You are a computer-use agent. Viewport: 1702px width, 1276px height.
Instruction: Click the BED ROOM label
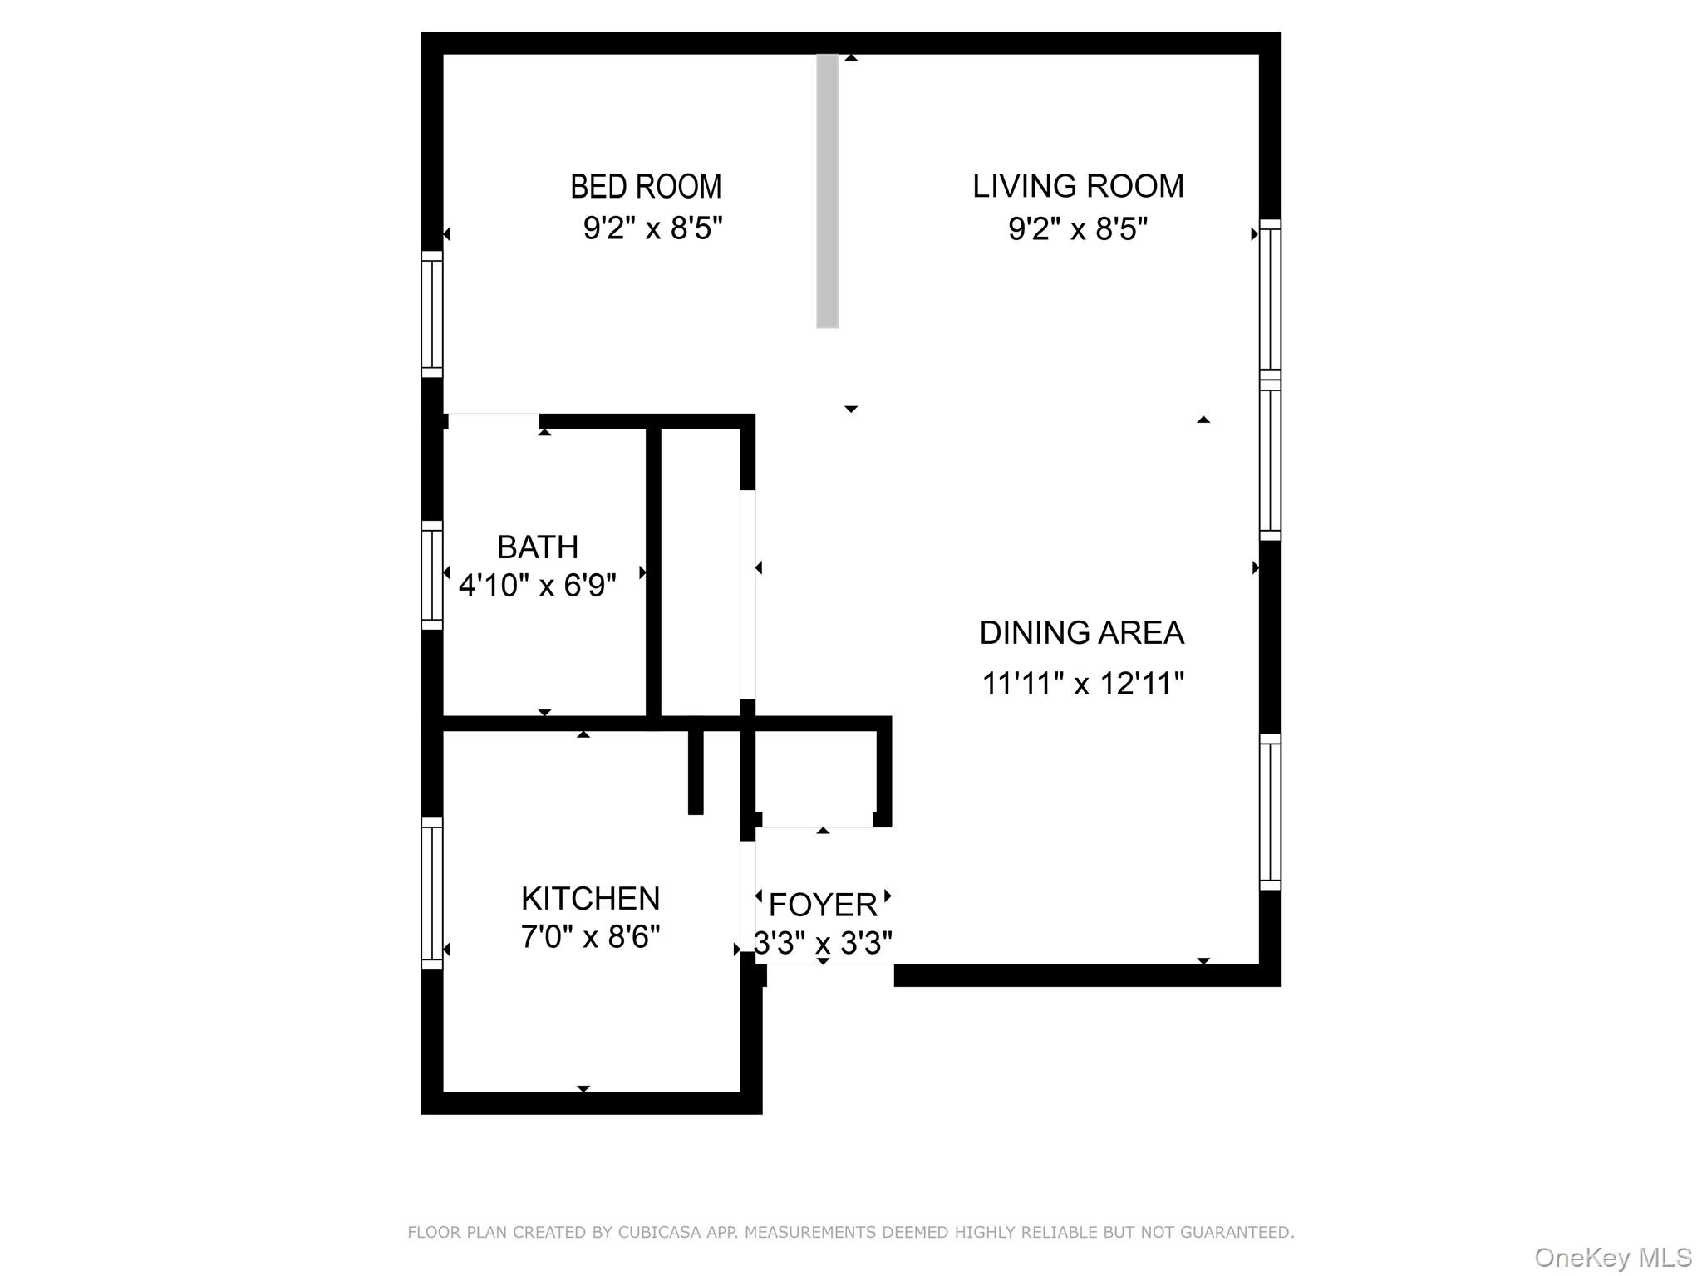[646, 187]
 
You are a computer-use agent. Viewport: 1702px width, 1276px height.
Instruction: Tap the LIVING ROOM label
[1078, 187]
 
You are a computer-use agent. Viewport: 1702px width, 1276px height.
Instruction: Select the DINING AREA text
[1081, 633]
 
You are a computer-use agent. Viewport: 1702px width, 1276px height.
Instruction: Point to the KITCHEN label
[590, 899]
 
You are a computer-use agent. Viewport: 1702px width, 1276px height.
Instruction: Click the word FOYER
[823, 905]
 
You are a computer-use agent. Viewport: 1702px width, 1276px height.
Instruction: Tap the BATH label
[538, 547]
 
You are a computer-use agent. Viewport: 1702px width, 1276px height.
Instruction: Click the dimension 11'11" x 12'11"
[1083, 684]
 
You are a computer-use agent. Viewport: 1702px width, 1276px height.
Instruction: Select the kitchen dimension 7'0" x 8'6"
[590, 937]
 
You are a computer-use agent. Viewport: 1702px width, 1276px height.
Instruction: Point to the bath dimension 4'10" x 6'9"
[538, 586]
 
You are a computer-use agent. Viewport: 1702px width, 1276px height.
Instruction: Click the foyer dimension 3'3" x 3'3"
[823, 943]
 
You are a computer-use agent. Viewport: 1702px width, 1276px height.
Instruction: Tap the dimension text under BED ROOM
[652, 228]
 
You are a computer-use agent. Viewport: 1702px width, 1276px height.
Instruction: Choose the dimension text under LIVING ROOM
[1078, 228]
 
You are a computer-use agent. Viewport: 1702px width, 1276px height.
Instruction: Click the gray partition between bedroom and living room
[827, 191]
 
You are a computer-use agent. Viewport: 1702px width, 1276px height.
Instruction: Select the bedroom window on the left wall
[432, 314]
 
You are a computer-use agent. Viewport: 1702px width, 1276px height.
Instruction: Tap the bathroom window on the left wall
[432, 575]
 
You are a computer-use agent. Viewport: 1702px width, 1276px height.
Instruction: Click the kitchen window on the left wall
[432, 893]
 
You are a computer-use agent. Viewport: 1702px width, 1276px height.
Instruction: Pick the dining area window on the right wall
[1270, 812]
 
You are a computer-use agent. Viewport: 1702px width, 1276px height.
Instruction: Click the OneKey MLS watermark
[1613, 1258]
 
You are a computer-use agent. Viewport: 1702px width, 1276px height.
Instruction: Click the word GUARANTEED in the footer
[1238, 1233]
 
